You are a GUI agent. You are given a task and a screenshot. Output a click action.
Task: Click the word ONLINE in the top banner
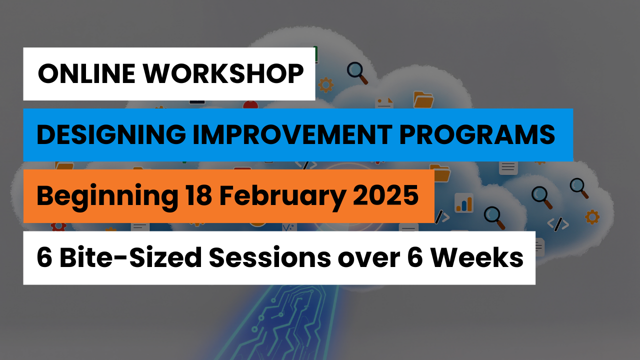86,73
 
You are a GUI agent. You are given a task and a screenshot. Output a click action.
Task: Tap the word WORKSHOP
223,73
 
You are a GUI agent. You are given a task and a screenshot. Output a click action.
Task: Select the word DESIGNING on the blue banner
111,135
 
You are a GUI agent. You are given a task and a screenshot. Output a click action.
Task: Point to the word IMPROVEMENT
293,134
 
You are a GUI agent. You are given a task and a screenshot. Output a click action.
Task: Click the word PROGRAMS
477,134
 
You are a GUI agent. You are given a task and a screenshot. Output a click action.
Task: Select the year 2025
385,195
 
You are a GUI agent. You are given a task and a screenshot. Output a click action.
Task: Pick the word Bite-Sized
130,257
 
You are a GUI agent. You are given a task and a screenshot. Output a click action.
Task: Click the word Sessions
269,257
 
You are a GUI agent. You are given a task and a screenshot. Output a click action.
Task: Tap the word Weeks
476,257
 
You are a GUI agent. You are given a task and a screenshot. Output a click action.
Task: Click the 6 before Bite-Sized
44,257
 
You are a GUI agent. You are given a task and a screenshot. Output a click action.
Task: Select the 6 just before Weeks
415,257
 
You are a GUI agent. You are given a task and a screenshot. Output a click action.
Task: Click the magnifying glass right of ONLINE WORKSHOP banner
357,73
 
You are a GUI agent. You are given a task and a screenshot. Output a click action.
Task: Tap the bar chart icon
464,203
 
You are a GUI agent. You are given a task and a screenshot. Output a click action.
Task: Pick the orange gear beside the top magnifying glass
326,85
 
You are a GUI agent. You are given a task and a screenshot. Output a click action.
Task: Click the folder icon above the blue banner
423,99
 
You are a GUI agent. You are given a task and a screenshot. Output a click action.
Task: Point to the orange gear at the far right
592,217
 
